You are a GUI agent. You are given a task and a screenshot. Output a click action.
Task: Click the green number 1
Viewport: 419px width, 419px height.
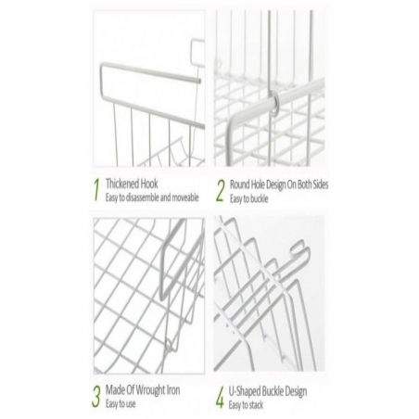point(97,189)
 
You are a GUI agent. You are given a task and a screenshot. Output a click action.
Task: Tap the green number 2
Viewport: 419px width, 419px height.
point(221,191)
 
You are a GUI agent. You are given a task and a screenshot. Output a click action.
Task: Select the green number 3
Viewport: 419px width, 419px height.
point(96,396)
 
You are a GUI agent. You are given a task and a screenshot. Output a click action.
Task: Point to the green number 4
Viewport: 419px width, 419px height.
point(220,398)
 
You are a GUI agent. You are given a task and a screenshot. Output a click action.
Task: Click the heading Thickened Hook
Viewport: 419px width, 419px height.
point(132,184)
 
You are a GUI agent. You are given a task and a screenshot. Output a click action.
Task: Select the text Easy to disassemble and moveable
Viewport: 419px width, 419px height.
point(152,197)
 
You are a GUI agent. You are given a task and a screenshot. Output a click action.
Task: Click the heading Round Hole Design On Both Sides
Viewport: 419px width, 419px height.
point(279,184)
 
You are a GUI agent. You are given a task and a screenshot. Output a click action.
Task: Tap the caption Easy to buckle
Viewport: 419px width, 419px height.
point(248,198)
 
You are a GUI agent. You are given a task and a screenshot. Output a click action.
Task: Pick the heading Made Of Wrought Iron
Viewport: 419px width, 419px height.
point(143,390)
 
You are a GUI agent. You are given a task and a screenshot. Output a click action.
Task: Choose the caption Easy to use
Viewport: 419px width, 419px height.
point(121,403)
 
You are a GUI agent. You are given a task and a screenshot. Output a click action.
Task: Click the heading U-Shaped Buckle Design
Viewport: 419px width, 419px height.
point(268,391)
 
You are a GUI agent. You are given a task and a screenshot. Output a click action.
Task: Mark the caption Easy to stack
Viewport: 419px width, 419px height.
point(246,405)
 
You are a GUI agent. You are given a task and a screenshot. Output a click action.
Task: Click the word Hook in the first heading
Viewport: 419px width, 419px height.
point(149,184)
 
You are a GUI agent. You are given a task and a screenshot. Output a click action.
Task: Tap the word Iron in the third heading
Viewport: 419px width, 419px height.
point(173,390)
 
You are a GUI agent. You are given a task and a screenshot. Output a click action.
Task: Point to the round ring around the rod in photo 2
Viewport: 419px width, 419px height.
point(274,102)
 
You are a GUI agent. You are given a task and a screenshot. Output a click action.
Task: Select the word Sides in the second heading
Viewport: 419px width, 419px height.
point(320,184)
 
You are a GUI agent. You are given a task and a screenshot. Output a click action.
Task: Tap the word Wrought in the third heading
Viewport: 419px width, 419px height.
point(150,390)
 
